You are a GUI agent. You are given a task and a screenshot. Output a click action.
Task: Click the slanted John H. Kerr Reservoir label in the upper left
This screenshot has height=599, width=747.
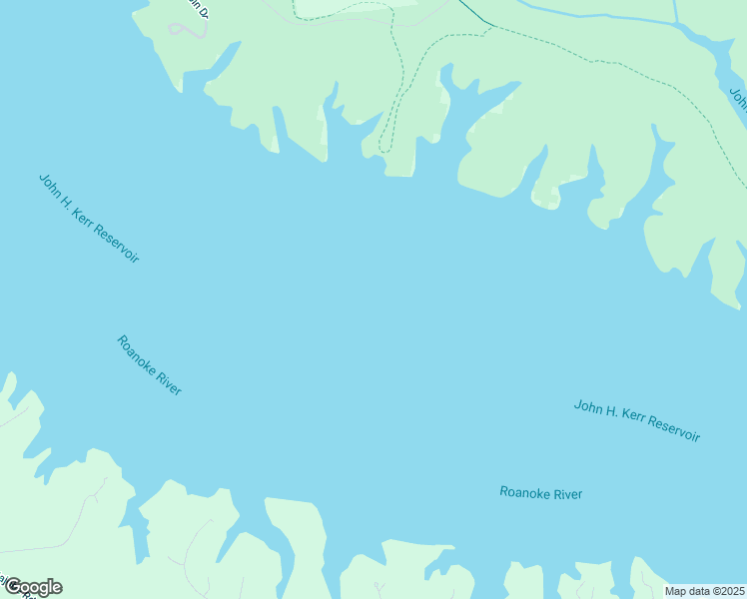(x=88, y=218)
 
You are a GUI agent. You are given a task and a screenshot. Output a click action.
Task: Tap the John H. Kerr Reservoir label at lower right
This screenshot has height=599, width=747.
(x=636, y=420)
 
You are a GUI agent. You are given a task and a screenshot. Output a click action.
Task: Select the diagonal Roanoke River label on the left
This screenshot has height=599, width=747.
(x=149, y=365)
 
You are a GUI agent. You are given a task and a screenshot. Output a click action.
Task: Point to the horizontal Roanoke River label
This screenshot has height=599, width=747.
(x=540, y=493)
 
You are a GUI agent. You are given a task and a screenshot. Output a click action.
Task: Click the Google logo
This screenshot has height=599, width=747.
(x=33, y=587)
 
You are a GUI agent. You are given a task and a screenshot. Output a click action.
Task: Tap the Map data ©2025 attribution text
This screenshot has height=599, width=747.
(x=704, y=591)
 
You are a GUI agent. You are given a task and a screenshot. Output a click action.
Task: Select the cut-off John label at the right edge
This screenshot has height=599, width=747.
(x=738, y=99)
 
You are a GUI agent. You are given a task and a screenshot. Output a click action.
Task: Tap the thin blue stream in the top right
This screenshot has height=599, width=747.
(x=599, y=15)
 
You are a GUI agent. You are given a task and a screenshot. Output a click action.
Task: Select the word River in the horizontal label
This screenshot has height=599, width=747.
(x=566, y=493)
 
